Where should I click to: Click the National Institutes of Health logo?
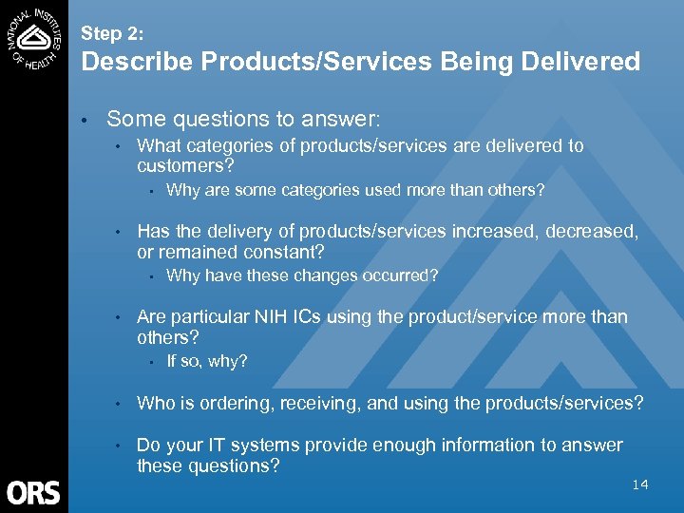click(x=33, y=36)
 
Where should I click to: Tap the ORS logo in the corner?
click(x=33, y=492)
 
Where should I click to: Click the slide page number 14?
click(x=640, y=484)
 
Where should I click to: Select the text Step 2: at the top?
click(x=112, y=33)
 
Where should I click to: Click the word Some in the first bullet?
click(x=133, y=120)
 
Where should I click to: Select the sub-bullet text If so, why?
click(x=206, y=362)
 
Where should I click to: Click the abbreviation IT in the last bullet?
click(x=221, y=446)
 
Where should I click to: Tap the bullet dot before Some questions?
click(x=85, y=121)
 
